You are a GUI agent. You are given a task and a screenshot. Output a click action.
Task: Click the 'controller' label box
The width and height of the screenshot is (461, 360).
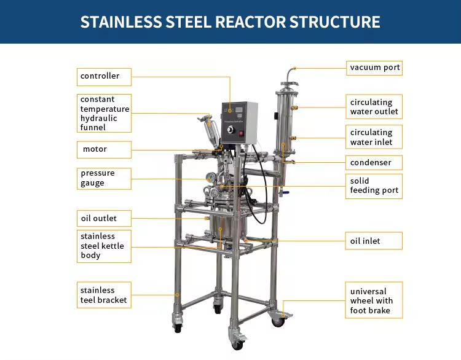(104, 77)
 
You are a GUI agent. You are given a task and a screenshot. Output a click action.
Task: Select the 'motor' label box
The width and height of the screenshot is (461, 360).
(104, 149)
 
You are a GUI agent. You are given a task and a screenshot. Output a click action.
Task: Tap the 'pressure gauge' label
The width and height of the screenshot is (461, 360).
(104, 178)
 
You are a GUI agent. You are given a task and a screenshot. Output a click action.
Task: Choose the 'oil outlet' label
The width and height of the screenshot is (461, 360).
(104, 218)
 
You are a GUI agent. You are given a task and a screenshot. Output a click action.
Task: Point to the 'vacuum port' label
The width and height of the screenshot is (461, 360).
(374, 68)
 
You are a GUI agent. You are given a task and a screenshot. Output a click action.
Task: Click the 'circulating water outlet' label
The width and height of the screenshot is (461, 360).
(374, 107)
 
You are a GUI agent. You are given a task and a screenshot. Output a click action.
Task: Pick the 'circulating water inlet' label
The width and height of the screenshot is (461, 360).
(374, 137)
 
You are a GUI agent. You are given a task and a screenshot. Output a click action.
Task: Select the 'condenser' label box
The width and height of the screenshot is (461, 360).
(374, 163)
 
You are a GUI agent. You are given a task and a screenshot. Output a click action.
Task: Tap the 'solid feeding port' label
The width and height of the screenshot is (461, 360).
(374, 186)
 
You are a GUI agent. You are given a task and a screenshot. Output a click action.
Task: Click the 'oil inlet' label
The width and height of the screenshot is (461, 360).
(374, 241)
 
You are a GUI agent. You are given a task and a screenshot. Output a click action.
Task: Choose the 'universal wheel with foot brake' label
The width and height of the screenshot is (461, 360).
(374, 301)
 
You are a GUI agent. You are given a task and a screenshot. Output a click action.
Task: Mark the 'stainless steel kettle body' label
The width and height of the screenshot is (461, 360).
(104, 246)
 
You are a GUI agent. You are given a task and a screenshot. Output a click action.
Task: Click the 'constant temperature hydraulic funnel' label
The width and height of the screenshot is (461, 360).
(104, 113)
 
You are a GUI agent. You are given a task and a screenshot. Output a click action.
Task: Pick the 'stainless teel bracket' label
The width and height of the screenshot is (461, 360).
(104, 295)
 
